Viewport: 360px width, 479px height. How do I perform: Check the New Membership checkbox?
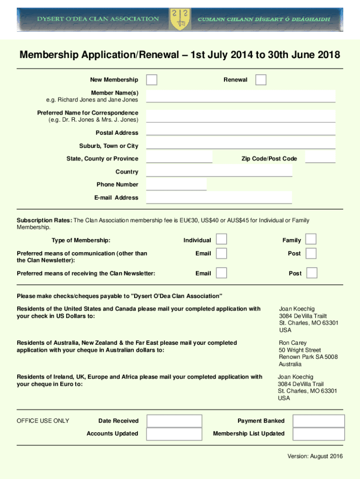tap(151, 80)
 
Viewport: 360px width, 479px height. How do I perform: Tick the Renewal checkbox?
tap(261, 80)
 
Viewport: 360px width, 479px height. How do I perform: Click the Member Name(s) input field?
tap(241, 96)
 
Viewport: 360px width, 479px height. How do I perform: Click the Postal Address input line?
tap(241, 130)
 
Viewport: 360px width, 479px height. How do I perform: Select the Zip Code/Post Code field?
tap(320, 157)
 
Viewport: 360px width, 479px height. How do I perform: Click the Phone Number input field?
tap(176, 184)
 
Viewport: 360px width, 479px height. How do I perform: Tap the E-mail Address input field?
tap(219, 197)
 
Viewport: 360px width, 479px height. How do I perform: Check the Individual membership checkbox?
tap(222, 239)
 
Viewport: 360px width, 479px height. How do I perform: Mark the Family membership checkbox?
tap(311, 239)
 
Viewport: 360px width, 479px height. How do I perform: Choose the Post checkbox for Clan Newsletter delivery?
tap(312, 273)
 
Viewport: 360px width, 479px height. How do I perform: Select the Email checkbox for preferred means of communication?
tap(222, 253)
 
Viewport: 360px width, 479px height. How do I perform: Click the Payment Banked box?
tap(319, 421)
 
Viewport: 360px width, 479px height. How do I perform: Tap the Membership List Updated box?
tap(319, 434)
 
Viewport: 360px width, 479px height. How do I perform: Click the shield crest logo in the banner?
tap(180, 19)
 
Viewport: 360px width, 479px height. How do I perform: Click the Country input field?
tap(219, 171)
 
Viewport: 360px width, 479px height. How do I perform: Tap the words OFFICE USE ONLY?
tap(43, 421)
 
